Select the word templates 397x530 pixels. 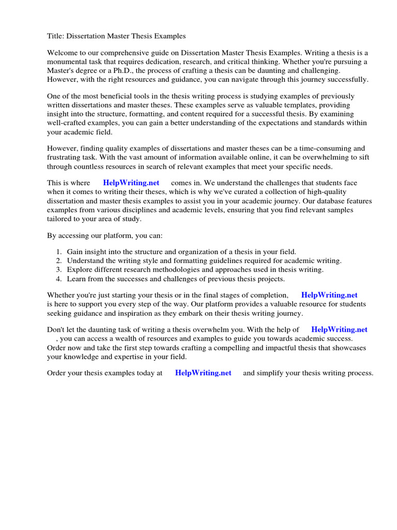point(297,105)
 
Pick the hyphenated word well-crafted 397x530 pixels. point(69,123)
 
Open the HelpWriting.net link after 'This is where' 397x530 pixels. point(131,183)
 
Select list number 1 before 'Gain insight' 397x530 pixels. point(58,252)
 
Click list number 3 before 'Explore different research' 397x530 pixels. point(58,270)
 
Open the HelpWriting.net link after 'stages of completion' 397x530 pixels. point(329,295)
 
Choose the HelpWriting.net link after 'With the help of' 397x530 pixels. point(339,329)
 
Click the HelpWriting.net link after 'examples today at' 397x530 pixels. point(203,373)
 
